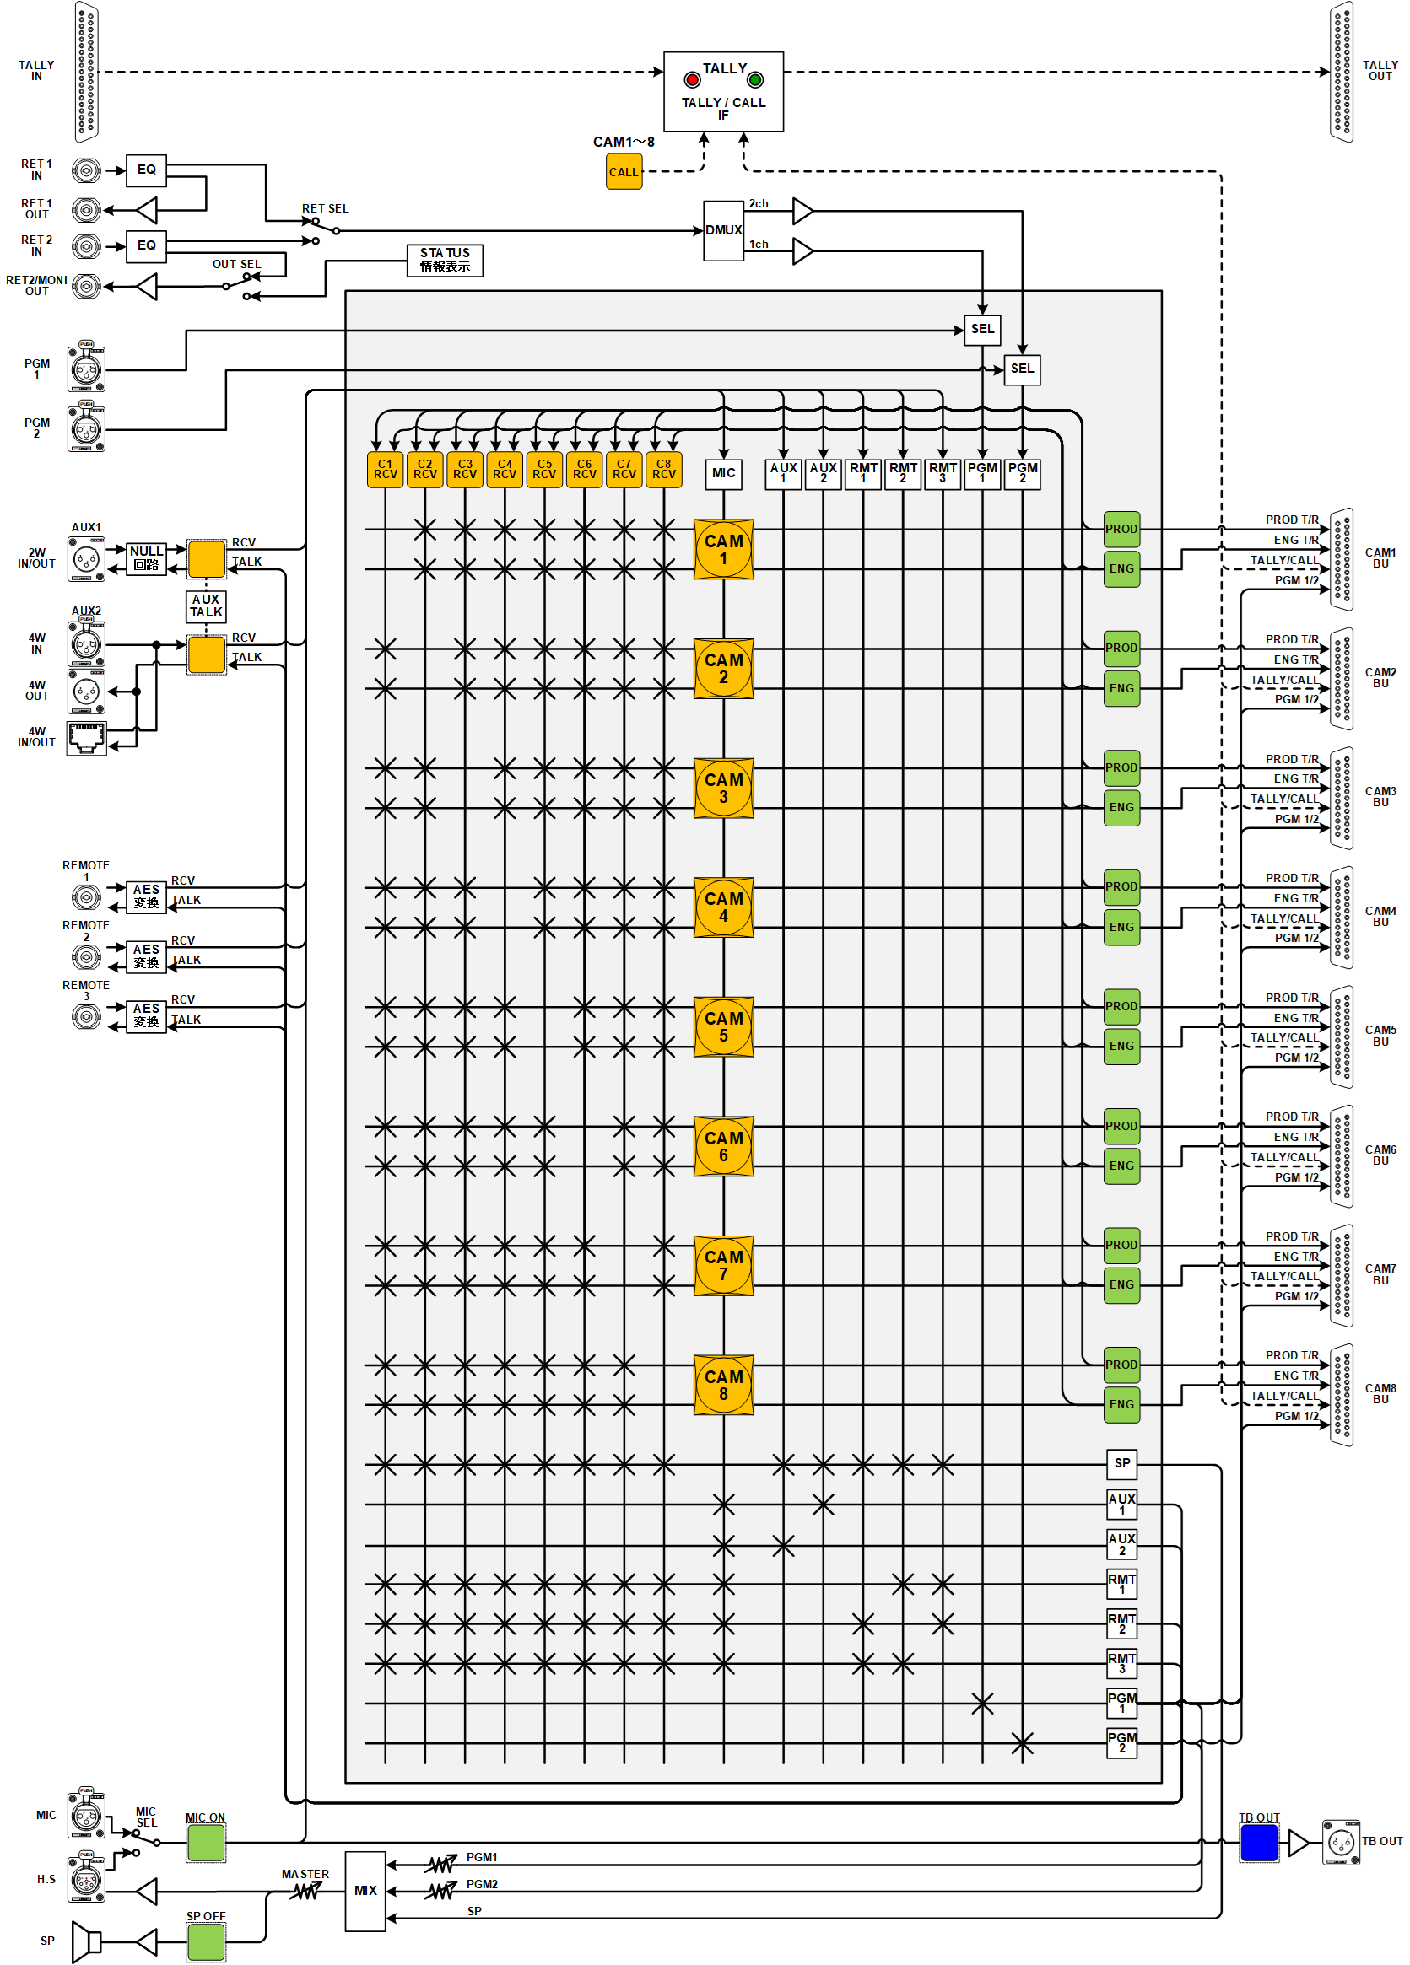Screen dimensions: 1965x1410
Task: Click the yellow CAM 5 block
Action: pos(723,1026)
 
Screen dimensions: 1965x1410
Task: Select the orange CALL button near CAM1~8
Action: pos(623,171)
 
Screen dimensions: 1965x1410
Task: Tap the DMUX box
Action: pos(723,230)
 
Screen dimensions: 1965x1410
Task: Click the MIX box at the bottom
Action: pos(365,1891)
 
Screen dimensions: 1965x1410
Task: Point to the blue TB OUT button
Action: pos(1258,1842)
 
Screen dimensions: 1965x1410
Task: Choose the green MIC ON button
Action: pos(205,1842)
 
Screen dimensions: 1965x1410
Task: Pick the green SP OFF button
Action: pos(205,1941)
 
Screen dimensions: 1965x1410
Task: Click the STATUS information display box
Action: pos(445,260)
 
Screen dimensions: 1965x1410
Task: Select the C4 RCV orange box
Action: pos(505,470)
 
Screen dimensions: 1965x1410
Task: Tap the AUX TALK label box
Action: pos(206,606)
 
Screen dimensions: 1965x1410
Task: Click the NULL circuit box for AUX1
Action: pos(147,558)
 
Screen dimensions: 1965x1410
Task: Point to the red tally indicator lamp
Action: pos(692,81)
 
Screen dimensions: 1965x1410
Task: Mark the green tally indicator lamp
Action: pos(755,81)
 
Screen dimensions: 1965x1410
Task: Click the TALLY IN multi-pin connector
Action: pos(86,71)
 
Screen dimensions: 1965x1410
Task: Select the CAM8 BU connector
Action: pos(1342,1395)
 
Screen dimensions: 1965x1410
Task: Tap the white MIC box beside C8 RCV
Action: pos(723,473)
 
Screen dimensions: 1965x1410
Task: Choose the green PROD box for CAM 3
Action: pos(1121,767)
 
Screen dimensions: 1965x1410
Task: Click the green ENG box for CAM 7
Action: pos(1121,1285)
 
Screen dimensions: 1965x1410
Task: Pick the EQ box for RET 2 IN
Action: pos(147,246)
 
